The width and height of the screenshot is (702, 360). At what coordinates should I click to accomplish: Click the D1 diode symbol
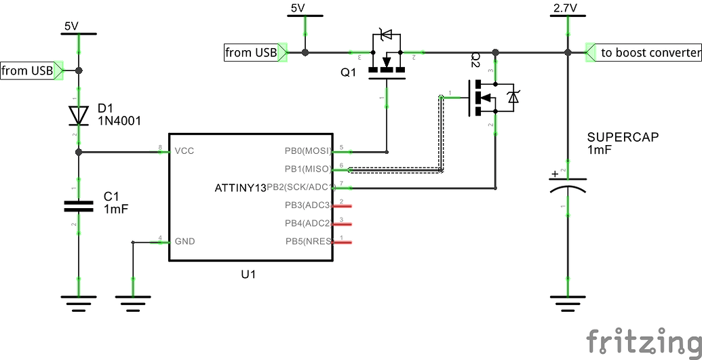[79, 115]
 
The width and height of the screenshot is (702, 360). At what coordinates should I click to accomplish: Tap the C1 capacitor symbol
[79, 205]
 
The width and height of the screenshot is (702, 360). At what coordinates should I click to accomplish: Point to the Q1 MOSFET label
[348, 73]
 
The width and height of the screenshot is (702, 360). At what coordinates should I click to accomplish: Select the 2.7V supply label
[566, 8]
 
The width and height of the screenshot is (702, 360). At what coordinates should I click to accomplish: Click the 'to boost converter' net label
[650, 52]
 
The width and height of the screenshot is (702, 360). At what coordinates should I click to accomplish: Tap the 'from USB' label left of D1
[27, 70]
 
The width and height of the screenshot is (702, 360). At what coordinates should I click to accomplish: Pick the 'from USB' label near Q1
[251, 52]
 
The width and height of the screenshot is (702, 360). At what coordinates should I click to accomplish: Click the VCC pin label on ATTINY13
[184, 151]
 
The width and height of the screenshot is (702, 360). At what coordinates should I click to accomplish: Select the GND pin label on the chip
[184, 241]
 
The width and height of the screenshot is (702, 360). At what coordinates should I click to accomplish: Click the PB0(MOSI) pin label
[308, 151]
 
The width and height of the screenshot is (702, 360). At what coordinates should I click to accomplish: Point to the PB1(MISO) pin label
[308, 169]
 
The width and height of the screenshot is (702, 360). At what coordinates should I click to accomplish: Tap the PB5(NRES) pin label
[308, 241]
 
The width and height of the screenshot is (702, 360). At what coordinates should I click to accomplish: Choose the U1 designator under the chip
[249, 275]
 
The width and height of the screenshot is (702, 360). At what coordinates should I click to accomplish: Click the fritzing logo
[643, 340]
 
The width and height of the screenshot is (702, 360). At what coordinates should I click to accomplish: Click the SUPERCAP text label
[623, 137]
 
